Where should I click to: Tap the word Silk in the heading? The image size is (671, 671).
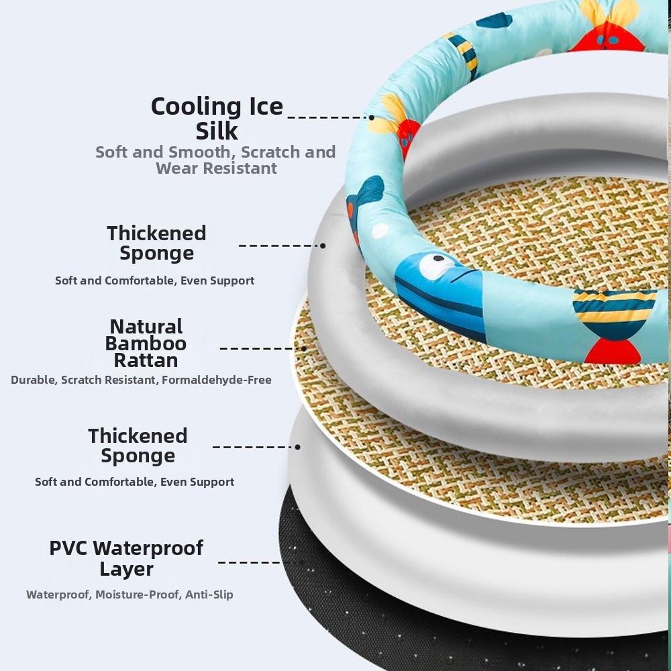pos(217,131)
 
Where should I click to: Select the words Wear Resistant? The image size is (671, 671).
pos(216,168)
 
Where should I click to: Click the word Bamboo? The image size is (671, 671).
pos(146,343)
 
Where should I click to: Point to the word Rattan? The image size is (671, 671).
pos(146,360)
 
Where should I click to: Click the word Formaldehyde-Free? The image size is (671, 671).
pos(217,380)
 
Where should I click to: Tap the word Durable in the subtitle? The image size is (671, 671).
pos(34,380)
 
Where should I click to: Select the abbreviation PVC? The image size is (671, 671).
pos(68,548)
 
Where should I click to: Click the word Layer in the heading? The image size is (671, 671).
pos(126,570)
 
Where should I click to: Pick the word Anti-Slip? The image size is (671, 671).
pos(209,595)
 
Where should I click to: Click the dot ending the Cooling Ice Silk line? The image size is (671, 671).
pos(372,117)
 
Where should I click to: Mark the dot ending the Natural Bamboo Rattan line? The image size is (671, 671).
pos(304,348)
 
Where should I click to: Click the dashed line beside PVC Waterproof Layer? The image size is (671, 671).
pos(249,562)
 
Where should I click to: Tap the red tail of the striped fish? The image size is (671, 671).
pos(613,352)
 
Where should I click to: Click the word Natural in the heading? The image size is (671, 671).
pos(146,327)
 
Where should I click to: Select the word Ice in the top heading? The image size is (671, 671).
pos(266,107)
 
